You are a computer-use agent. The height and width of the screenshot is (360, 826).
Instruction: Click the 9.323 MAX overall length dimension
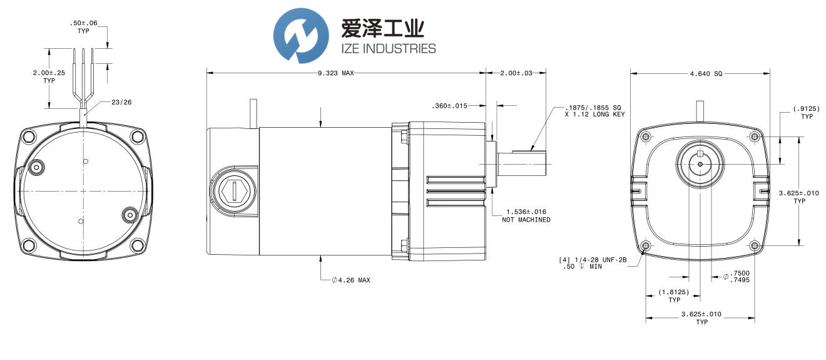[336, 73]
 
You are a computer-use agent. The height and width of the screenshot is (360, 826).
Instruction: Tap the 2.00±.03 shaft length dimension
[516, 73]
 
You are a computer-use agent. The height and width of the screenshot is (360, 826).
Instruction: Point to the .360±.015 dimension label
[449, 106]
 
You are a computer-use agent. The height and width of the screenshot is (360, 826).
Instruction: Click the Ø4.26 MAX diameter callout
[351, 280]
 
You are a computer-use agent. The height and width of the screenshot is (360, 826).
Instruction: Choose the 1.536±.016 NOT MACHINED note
[526, 216]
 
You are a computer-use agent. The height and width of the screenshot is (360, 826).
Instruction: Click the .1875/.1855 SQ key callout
[594, 110]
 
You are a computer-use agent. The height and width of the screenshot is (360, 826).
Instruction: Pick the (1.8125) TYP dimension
[674, 296]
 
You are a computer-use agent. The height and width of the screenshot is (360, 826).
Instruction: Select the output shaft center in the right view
[700, 164]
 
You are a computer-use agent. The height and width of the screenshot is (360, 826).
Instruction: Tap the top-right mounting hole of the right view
[755, 136]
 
